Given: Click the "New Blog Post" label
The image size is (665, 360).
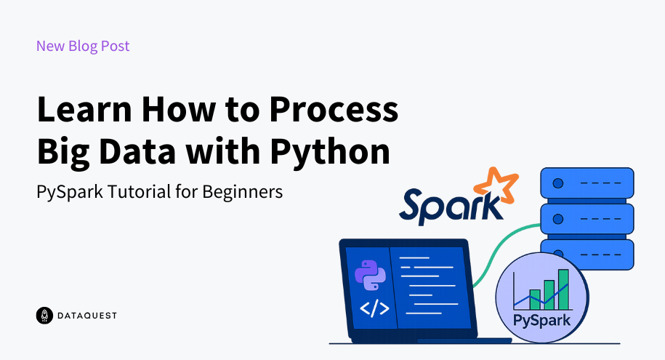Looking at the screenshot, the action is click(83, 46).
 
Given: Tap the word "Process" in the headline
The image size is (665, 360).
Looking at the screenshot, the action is click(334, 110).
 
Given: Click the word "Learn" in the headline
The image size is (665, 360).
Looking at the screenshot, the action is click(85, 110).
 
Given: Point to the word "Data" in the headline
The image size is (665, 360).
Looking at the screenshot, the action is click(137, 151).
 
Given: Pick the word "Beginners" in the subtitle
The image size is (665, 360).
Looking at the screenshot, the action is click(242, 192).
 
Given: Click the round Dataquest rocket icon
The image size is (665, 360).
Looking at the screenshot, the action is click(44, 316).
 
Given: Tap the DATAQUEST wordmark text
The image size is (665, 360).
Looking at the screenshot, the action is click(87, 316).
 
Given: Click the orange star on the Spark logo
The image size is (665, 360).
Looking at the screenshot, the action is click(496, 185).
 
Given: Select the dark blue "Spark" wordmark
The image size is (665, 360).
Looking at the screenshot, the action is click(451, 207).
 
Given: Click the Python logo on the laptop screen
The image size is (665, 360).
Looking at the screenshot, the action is click(370, 275).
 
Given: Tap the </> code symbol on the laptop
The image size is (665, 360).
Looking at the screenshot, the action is click(374, 308).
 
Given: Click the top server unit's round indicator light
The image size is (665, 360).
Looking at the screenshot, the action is click(558, 183).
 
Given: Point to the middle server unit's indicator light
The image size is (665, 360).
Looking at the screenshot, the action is click(558, 219).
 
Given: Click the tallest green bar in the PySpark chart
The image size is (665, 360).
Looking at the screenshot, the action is click(563, 289).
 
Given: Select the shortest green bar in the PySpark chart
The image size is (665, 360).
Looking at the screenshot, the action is click(535, 300).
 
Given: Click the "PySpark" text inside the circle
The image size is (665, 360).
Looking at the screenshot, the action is click(541, 321).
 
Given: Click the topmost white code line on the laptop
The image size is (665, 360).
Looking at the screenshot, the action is click(415, 257).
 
